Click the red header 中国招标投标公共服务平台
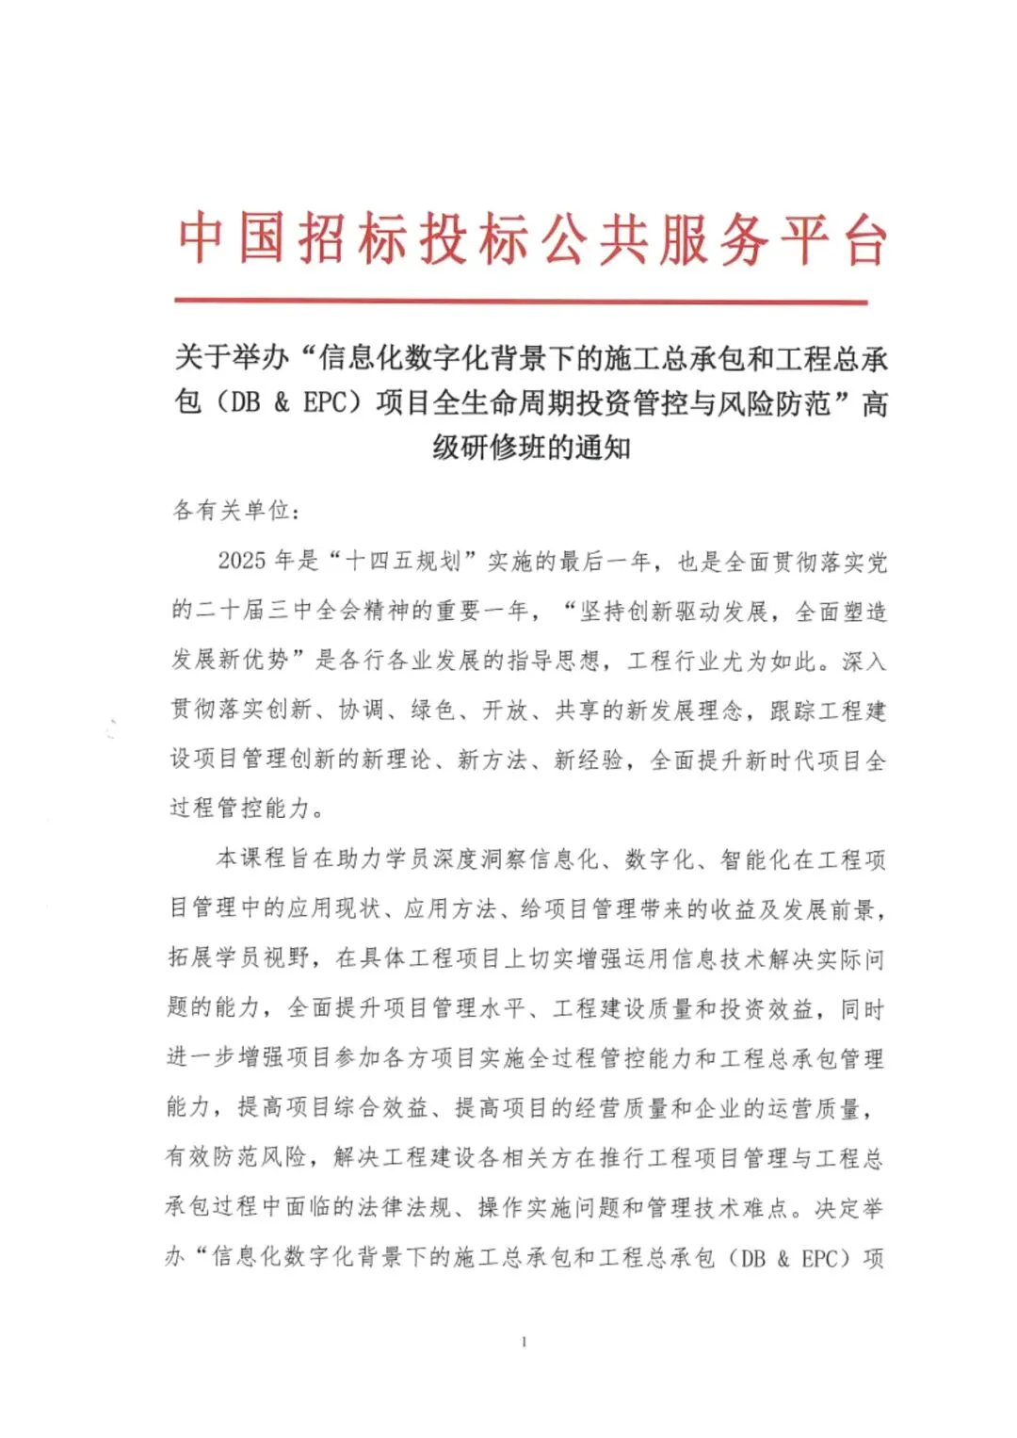532,239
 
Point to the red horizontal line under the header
521,302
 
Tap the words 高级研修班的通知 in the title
532,447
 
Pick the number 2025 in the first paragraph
242,562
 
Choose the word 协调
361,710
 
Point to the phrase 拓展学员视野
239,958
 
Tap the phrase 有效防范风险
236,1157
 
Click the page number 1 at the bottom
524,1342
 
